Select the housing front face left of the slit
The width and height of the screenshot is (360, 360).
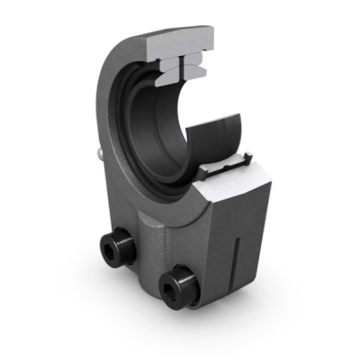[216, 261]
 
